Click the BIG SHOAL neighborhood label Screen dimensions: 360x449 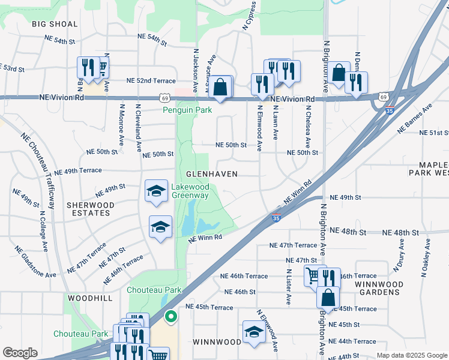tap(55, 24)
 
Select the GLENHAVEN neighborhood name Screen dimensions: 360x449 tap(212, 173)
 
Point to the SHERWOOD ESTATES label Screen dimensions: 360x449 tap(91, 209)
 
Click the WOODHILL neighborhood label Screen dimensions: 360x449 tap(90, 298)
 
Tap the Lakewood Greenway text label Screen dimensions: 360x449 tap(190, 191)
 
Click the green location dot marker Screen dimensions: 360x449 tap(170, 316)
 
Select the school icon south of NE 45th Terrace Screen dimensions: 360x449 tap(254, 331)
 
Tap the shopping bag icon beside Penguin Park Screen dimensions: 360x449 tap(221, 86)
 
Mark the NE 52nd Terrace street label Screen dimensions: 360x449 tap(151, 80)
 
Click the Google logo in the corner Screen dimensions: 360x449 tap(20, 353)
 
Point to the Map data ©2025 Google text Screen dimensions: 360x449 tap(411, 355)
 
